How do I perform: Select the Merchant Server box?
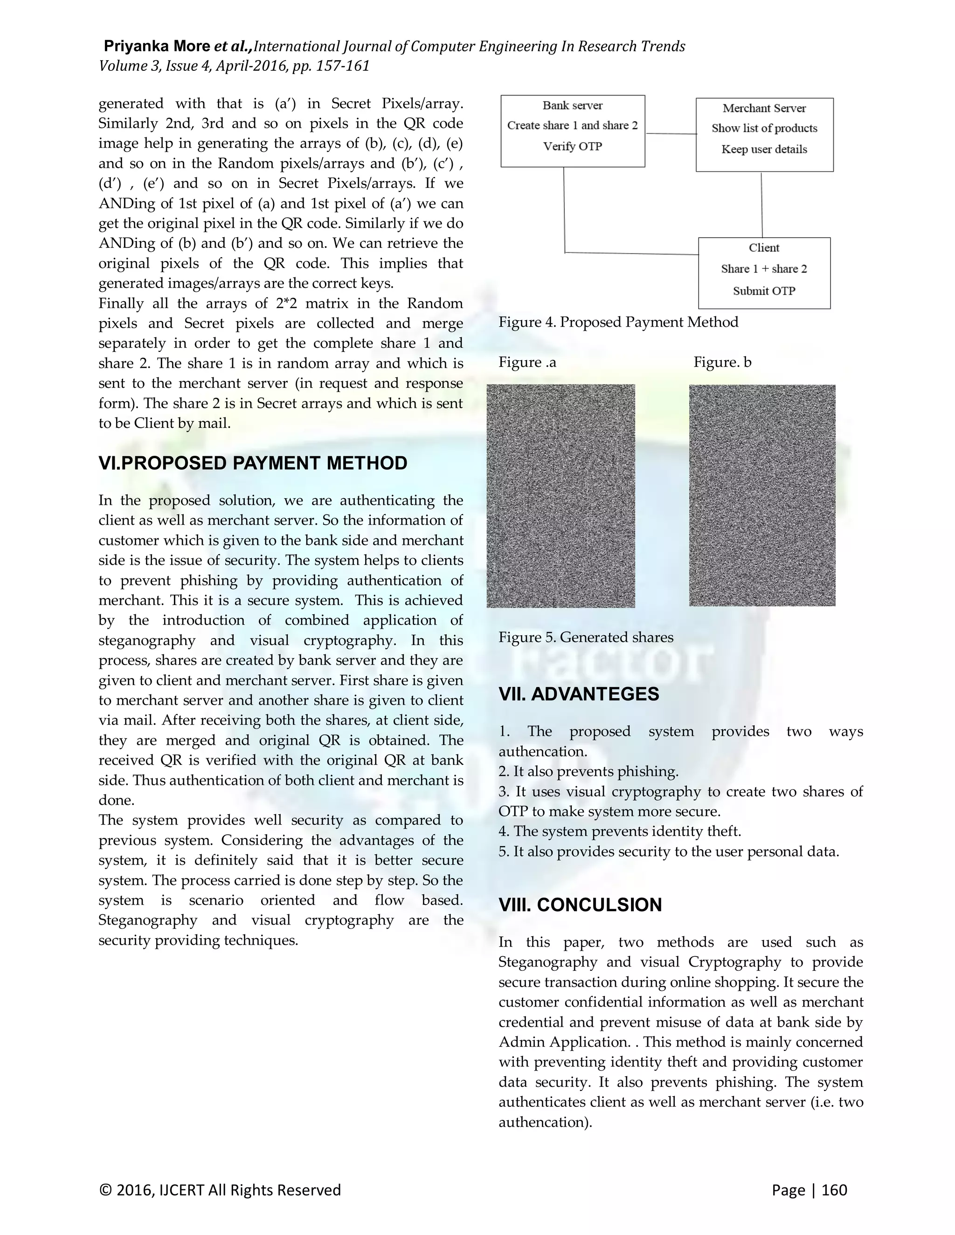click(x=764, y=135)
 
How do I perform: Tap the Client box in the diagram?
click(x=764, y=273)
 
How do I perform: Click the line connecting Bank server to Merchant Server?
click(x=671, y=134)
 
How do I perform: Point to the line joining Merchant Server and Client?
click(x=761, y=205)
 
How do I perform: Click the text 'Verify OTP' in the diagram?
click(x=573, y=146)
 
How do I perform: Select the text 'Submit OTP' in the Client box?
click(x=764, y=291)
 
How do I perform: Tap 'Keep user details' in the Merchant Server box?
click(x=764, y=149)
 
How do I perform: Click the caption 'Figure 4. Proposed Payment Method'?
click(x=618, y=322)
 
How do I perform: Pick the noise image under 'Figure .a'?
click(x=561, y=496)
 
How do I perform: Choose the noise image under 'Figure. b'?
click(x=762, y=495)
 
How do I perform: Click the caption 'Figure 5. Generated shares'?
click(x=586, y=637)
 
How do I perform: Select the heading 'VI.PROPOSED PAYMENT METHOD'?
click(x=253, y=463)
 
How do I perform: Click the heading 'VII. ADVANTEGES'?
click(x=579, y=694)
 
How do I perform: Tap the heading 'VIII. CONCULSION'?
click(x=580, y=905)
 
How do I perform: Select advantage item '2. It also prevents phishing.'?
click(x=588, y=771)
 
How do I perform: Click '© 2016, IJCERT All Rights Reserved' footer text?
click(x=220, y=1190)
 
